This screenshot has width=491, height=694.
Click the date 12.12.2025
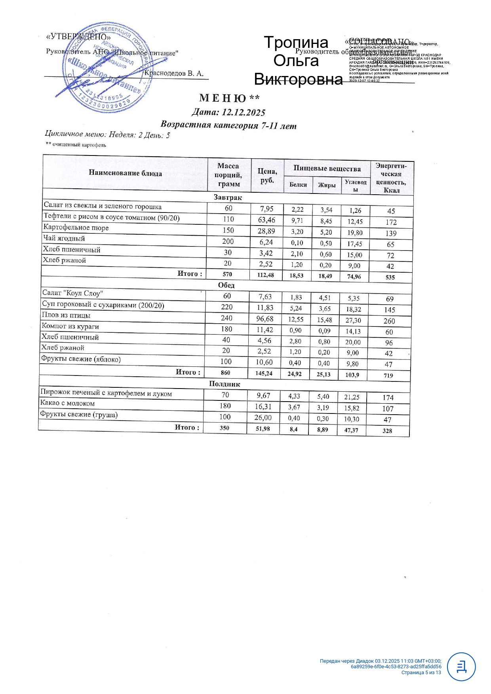(x=243, y=112)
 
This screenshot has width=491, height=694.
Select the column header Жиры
(x=327, y=185)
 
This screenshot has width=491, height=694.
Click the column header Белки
(x=298, y=185)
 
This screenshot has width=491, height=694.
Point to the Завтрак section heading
(x=227, y=197)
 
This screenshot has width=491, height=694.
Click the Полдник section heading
(x=225, y=384)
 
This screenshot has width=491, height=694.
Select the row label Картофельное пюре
(x=76, y=228)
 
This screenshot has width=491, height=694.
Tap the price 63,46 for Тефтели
(x=266, y=220)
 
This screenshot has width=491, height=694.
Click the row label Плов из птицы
(x=66, y=315)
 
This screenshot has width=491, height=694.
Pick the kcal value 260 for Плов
(x=389, y=321)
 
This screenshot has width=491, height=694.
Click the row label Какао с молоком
(x=68, y=404)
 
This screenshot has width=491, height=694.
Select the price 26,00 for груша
(x=263, y=418)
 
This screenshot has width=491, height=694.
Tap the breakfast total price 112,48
(x=265, y=275)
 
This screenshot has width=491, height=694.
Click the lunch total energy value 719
(x=388, y=375)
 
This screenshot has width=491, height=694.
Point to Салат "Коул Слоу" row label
(x=73, y=293)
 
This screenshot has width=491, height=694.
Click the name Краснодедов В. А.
(x=174, y=74)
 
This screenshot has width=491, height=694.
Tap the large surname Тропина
(x=296, y=42)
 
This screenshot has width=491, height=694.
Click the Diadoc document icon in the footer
(x=461, y=667)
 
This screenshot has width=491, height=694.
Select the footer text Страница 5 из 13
(x=421, y=672)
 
